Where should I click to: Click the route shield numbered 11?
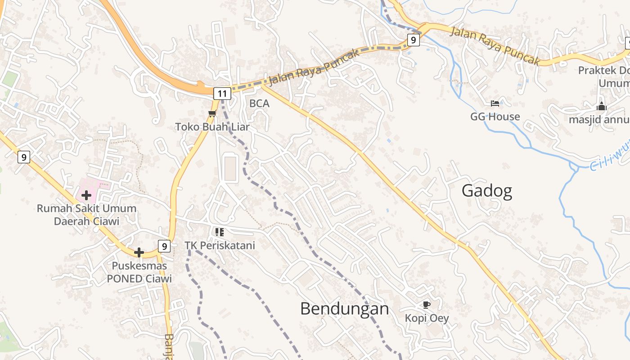[222, 94]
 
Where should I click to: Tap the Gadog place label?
[487, 191]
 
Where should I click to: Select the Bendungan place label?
[344, 309]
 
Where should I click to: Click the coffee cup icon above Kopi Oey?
[427, 305]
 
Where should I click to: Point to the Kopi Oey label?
[427, 318]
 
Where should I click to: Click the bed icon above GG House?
[495, 103]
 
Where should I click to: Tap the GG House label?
[495, 117]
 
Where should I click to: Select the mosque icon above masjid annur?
[602, 107]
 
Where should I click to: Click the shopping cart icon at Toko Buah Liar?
[212, 113]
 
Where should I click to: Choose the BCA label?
[259, 103]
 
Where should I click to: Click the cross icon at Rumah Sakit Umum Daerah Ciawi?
[86, 195]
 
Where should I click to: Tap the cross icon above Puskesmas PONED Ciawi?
[139, 252]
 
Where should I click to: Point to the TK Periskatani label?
[220, 245]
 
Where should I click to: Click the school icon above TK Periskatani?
[220, 232]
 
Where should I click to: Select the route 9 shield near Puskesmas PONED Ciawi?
[165, 246]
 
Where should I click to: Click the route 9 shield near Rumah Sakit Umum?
[24, 157]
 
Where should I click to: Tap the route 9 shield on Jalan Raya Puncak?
[414, 40]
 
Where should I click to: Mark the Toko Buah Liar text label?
[212, 127]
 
